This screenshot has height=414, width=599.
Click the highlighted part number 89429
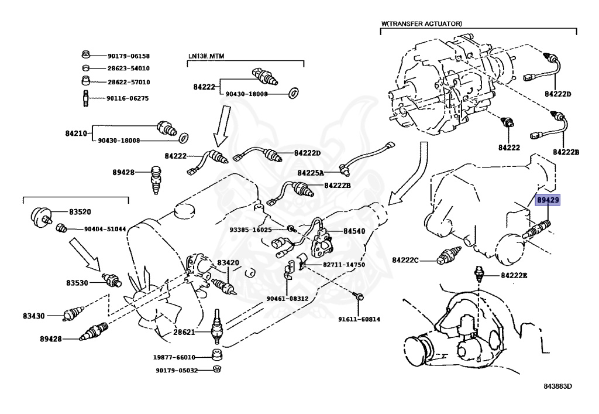(548, 200)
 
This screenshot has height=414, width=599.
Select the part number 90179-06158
(129, 56)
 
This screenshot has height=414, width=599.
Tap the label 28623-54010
(129, 69)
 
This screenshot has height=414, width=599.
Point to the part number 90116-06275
(129, 98)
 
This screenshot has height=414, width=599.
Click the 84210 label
(76, 134)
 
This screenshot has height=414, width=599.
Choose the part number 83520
(80, 211)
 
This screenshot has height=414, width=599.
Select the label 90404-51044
(105, 229)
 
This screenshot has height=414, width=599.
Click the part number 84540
(354, 231)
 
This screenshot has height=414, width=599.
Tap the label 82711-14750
(343, 265)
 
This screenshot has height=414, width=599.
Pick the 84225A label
(311, 173)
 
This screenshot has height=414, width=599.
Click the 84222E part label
(514, 275)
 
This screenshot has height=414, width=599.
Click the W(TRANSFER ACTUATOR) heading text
(422, 23)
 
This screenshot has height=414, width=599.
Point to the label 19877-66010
(175, 357)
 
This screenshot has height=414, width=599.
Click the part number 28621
(185, 332)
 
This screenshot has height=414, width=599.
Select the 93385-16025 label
(251, 230)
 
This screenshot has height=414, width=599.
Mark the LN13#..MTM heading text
(206, 56)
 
